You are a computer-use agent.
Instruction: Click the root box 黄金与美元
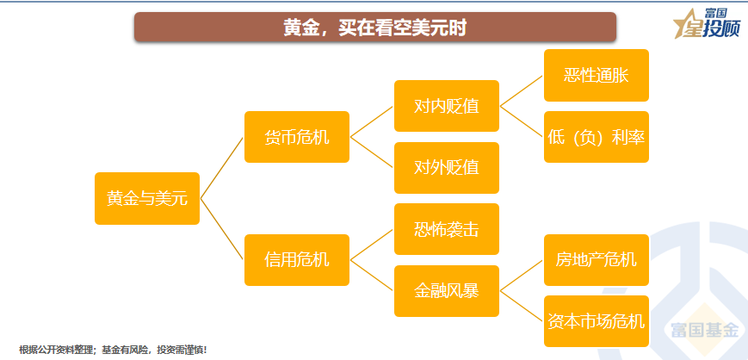tap(146, 198)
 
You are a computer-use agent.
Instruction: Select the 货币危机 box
tap(297, 137)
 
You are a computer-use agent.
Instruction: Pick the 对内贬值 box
tap(446, 107)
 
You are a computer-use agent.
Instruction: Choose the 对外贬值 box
tap(446, 168)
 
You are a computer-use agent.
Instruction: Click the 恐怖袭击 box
tap(446, 229)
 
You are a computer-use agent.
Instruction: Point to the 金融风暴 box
tap(446, 290)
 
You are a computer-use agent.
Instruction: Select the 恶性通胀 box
tap(596, 76)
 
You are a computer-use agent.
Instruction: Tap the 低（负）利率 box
tap(596, 137)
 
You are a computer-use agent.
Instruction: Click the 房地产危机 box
tap(596, 259)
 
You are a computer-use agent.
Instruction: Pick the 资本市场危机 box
tap(596, 321)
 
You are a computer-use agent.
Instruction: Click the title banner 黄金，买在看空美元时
tap(374, 27)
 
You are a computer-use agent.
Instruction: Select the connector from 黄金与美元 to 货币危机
tap(222, 168)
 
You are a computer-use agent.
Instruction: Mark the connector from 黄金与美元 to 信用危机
tap(222, 229)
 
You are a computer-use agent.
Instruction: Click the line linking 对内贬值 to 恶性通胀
tap(522, 91)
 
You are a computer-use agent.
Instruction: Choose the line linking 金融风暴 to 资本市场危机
tap(522, 306)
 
